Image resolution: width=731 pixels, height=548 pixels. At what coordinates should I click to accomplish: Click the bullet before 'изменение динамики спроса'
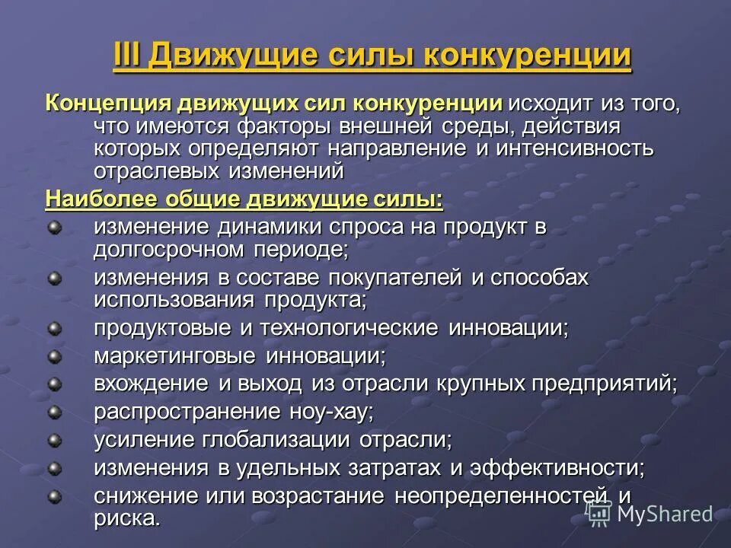pos(54,227)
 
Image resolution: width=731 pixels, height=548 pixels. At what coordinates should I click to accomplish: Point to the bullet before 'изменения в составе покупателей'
pos(54,278)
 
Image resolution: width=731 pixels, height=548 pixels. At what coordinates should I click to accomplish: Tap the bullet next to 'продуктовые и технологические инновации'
pos(54,329)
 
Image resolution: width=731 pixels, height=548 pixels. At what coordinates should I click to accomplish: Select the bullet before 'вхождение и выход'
pos(54,384)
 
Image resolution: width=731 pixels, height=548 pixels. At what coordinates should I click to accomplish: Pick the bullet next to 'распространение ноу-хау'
pos(54,412)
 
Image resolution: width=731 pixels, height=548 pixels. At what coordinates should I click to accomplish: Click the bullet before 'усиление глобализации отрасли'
pos(54,439)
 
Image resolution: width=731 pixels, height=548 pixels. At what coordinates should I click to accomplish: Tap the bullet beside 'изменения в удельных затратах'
pos(54,467)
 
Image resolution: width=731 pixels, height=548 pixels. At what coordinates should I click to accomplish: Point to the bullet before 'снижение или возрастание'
pos(54,495)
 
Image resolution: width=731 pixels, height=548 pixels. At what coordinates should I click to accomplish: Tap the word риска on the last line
pos(127,518)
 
